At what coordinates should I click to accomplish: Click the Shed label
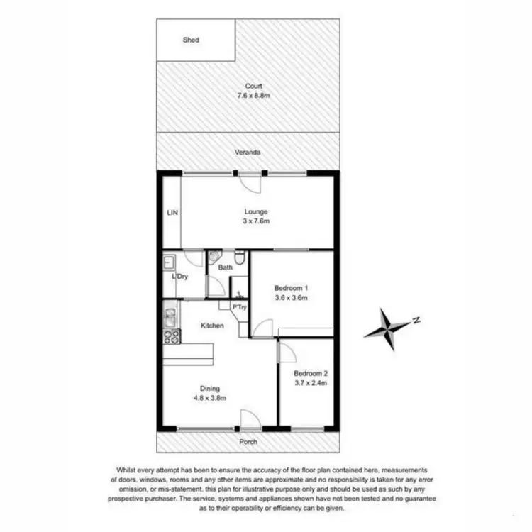(191, 40)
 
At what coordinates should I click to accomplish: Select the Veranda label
(249, 153)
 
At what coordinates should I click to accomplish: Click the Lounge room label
(256, 211)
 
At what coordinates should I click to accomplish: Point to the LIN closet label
(172, 212)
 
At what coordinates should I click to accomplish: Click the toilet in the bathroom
(240, 260)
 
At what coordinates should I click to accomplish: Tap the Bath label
(226, 267)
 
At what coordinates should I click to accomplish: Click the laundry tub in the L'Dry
(170, 261)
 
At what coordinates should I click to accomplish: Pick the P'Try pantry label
(240, 306)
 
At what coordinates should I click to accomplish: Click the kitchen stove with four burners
(171, 337)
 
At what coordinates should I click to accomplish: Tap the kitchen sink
(170, 316)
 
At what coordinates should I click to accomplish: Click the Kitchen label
(212, 326)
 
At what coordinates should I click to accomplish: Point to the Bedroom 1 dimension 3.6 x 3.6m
(291, 298)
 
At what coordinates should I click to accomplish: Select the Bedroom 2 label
(310, 373)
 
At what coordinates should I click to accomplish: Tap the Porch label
(248, 442)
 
